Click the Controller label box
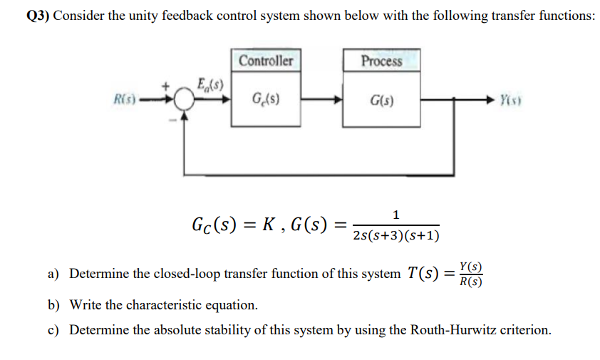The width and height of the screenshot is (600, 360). (x=266, y=61)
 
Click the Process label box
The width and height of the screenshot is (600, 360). (x=381, y=61)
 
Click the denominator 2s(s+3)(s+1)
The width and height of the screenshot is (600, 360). (x=396, y=236)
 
